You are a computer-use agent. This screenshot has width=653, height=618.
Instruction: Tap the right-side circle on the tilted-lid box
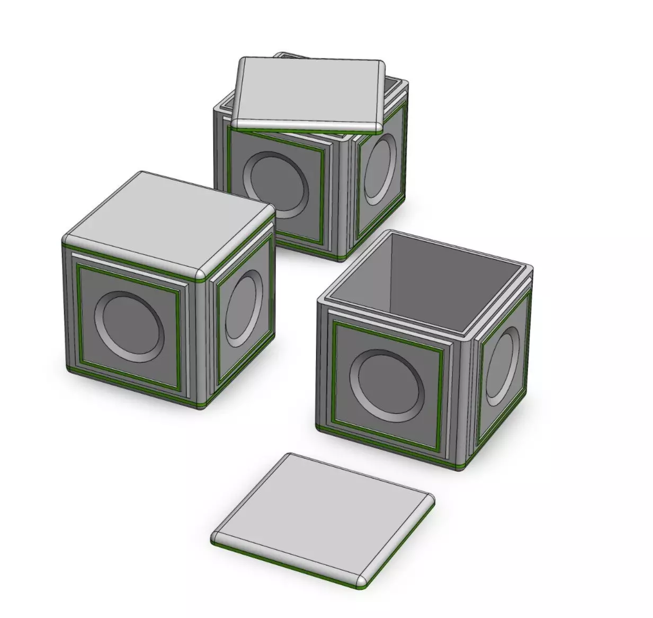point(380,169)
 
